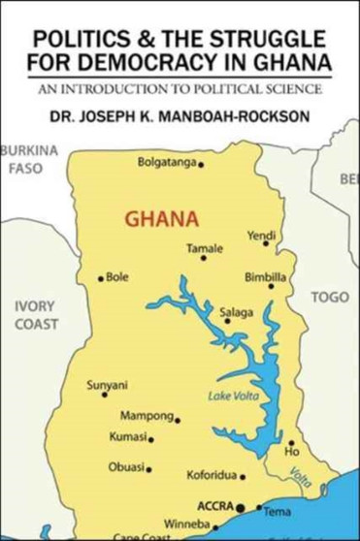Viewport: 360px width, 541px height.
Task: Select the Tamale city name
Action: point(205,249)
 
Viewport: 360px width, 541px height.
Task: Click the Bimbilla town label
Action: point(264,274)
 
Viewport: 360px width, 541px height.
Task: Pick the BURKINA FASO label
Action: point(28,159)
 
